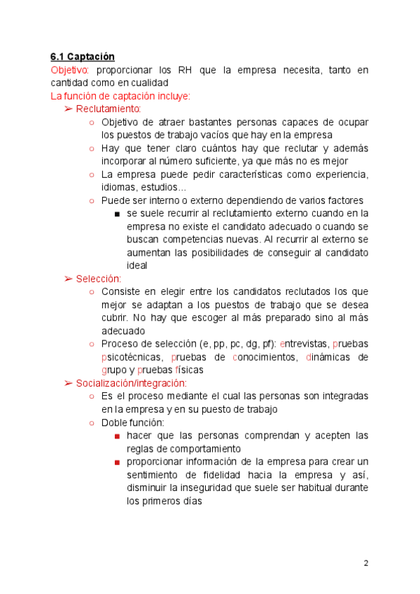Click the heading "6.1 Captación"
coord(82,57)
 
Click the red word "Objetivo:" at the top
coord(69,70)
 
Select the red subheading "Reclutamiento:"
coord(108,109)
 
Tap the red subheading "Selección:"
coord(99,279)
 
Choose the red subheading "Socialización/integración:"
coord(132,383)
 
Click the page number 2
coord(365,563)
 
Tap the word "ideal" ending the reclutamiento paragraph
coord(137,265)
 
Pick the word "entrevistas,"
coord(304,344)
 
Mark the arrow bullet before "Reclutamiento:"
coord(69,109)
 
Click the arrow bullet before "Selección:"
coord(69,279)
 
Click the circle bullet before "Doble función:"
coord(92,423)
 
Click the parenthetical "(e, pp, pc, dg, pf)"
coord(237,344)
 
